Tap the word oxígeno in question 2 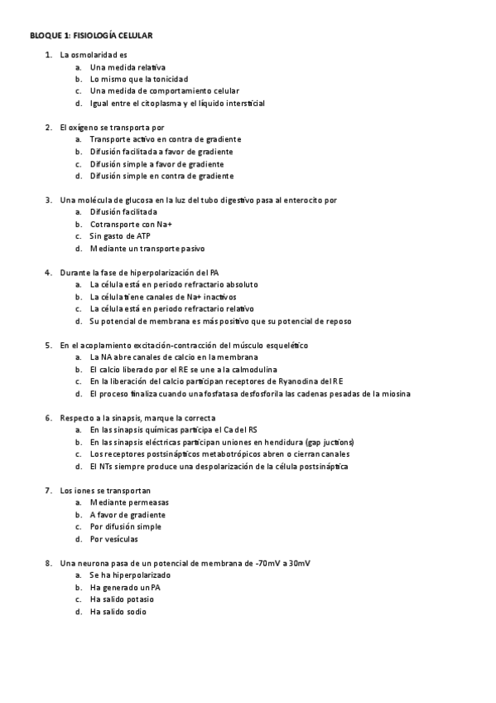tap(84, 128)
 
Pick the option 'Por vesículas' tap(114, 539)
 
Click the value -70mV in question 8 tap(264, 563)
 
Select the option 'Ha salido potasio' tap(122, 599)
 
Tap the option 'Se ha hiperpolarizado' tap(130, 575)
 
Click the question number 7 tap(48, 491)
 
